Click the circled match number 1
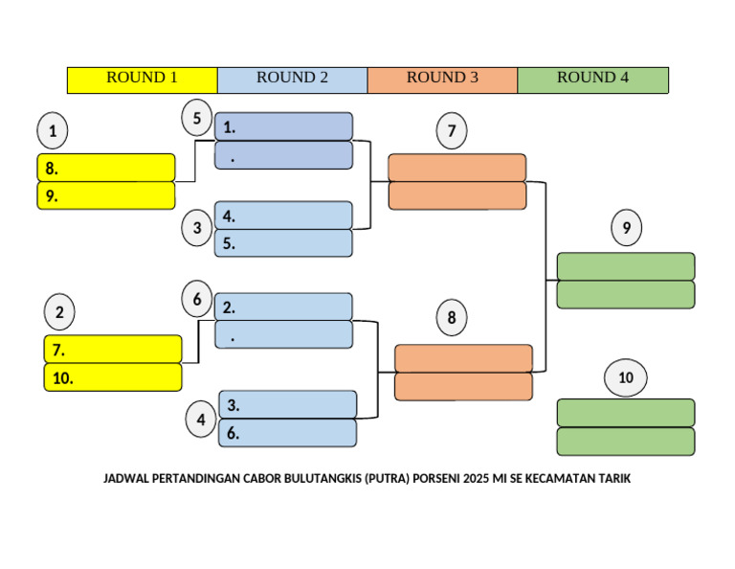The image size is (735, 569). click(x=53, y=130)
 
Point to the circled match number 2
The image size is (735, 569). click(x=59, y=311)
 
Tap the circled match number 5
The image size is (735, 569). click(x=197, y=118)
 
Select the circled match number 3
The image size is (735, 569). click(x=197, y=228)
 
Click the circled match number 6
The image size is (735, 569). click(x=197, y=299)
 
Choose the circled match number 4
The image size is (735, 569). click(x=201, y=420)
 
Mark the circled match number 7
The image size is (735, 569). click(x=452, y=131)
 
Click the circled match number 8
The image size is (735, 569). click(x=452, y=317)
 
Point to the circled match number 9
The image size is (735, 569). click(x=626, y=228)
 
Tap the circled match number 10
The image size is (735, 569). click(x=626, y=377)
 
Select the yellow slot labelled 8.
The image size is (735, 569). click(x=106, y=168)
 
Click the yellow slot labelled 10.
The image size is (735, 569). click(x=113, y=377)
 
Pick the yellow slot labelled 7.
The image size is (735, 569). click(x=113, y=350)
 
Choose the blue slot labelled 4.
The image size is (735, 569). click(x=283, y=216)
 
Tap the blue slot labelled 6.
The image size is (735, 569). click(x=288, y=433)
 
